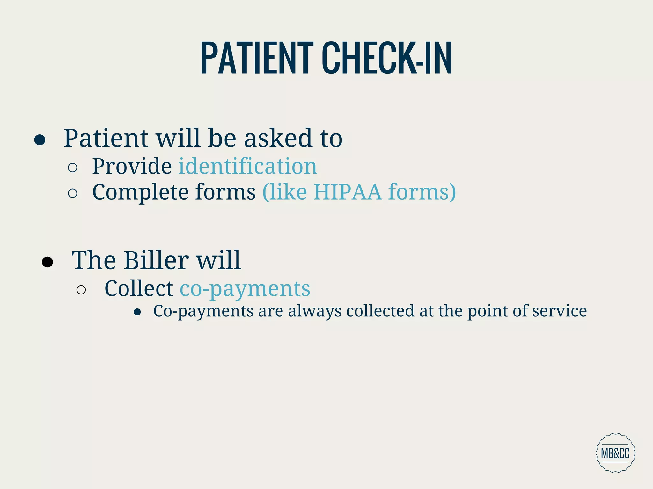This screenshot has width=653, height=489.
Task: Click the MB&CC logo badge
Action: pos(615,453)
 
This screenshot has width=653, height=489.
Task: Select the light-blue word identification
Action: pos(247,166)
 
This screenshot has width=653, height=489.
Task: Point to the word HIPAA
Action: pos(347,192)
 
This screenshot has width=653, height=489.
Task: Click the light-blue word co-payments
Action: pos(245,289)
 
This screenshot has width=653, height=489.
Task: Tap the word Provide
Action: pos(132,166)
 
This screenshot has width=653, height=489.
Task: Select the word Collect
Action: pos(139,289)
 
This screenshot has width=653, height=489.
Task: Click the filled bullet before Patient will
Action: pos(40,140)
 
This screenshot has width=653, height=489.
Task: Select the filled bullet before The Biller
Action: pos(48,262)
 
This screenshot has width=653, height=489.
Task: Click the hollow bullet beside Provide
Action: pos(73,167)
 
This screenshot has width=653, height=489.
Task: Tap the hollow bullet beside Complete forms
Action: pos(73,193)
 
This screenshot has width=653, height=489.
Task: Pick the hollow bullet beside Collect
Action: pos(81,290)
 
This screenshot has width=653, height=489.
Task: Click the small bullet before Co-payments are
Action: pos(137,312)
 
